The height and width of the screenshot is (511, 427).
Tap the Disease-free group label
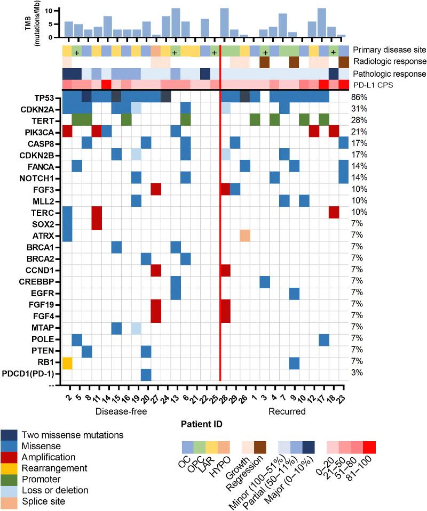coord(124,412)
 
